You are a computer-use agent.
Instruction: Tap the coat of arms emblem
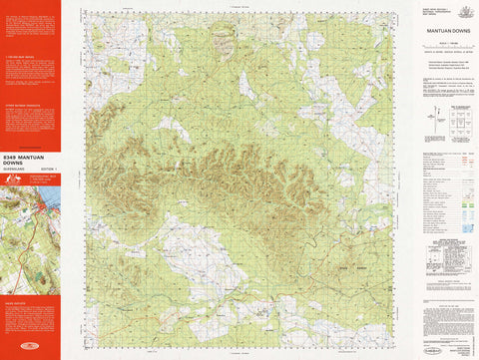coord(462,12)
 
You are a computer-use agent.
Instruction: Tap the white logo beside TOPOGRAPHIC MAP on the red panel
coord(13,182)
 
